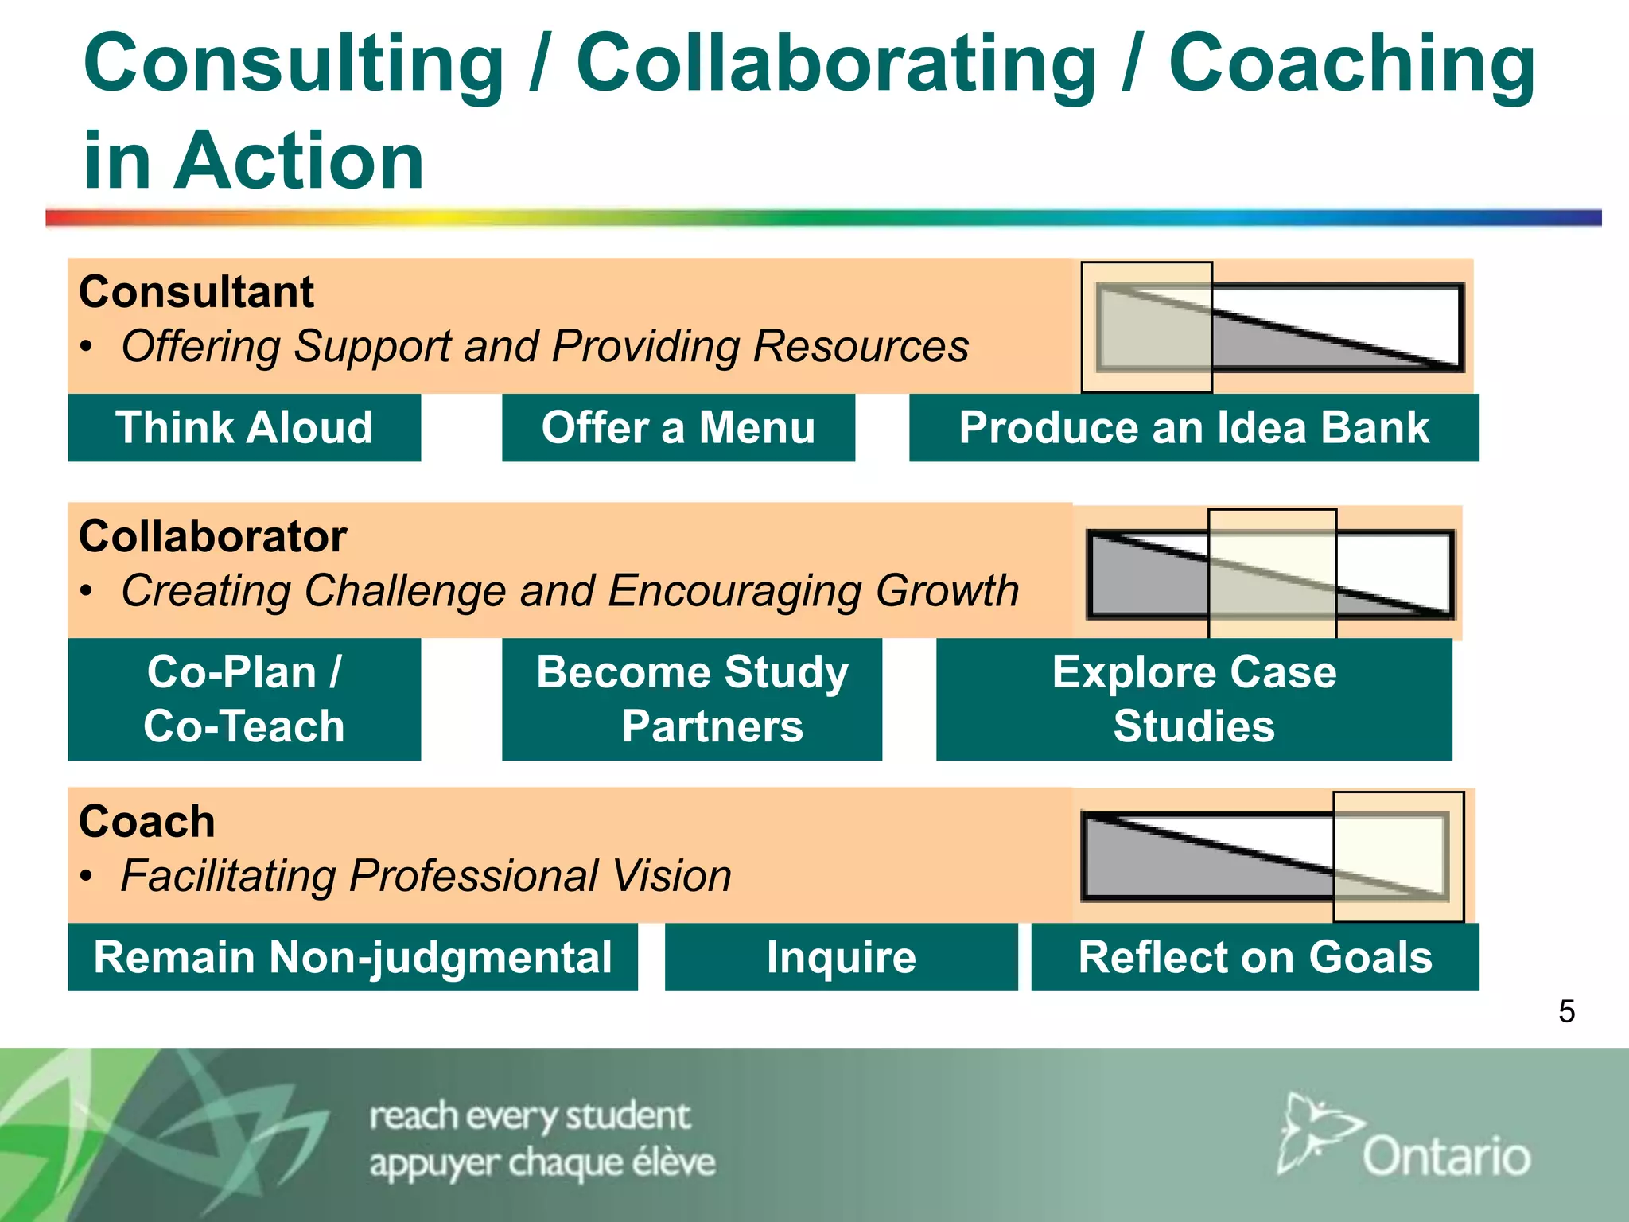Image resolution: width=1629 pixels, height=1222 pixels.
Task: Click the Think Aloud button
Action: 244,428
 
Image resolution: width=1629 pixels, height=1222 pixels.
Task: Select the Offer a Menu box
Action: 678,428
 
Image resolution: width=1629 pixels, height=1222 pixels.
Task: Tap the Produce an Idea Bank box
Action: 1194,428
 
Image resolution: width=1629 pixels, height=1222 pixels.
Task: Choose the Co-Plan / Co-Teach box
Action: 244,699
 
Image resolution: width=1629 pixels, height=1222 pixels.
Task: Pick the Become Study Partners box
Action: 692,699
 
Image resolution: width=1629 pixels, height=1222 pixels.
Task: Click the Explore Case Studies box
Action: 1194,699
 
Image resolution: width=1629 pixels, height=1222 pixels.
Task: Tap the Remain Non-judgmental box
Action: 352,957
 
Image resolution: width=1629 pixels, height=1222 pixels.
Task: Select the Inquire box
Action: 841,957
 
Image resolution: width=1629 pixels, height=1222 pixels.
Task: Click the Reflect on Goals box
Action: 1255,957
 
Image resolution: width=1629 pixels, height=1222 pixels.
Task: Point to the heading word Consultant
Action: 196,292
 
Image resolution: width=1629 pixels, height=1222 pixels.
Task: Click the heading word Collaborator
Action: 212,536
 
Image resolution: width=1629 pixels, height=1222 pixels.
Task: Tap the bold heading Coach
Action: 147,821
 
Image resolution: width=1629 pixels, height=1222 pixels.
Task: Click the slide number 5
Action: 1566,1012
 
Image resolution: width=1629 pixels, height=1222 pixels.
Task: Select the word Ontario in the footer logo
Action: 1446,1157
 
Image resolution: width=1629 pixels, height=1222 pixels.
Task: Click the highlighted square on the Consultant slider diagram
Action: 1146,327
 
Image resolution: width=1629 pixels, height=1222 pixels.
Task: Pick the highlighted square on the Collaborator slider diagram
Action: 1272,574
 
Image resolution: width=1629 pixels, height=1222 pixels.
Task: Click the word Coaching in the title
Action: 1351,64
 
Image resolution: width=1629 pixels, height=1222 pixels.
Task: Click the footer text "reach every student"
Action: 530,1116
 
